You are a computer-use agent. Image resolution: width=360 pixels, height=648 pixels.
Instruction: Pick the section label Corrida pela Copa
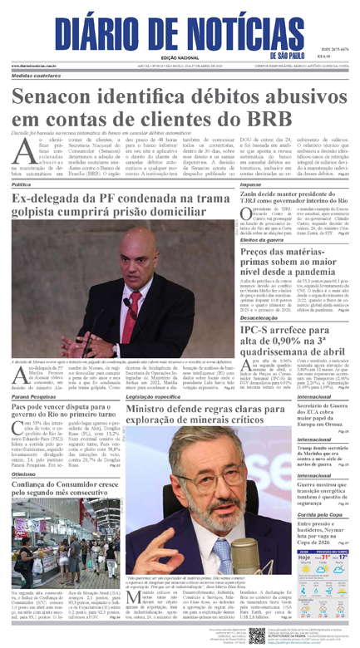[x=323, y=514]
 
